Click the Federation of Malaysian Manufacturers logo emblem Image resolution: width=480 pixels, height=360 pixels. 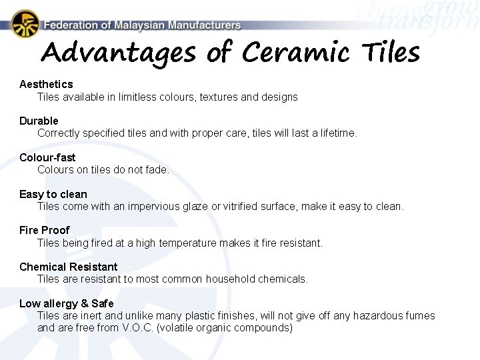(25, 24)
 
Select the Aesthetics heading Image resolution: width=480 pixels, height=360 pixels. (46, 84)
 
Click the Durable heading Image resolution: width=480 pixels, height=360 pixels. (39, 121)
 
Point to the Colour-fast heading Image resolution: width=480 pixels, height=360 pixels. (47, 157)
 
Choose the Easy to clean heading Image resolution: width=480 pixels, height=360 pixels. (53, 194)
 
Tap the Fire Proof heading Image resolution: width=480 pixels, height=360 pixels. (45, 230)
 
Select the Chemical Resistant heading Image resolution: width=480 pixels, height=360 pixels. (68, 267)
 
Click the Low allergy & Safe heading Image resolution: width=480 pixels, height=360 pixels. (67, 303)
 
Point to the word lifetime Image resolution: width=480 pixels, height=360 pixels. (337, 133)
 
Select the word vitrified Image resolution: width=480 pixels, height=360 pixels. (243, 206)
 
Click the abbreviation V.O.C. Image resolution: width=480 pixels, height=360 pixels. (137, 327)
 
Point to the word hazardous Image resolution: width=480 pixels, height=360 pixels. (378, 315)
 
